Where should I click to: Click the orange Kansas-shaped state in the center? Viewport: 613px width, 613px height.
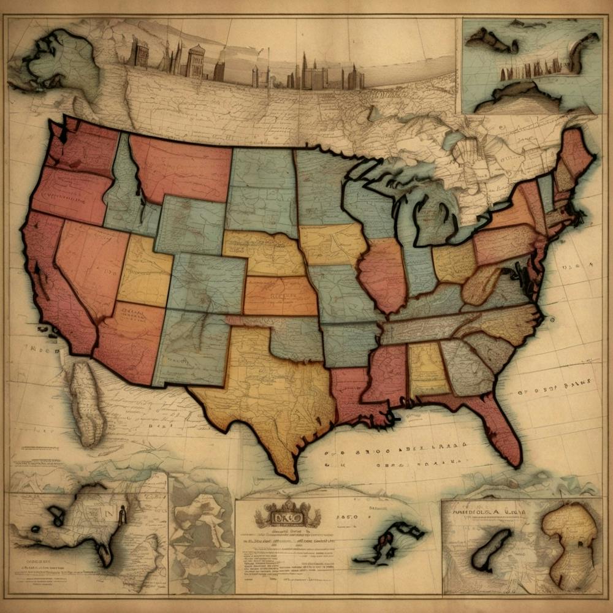coord(279,295)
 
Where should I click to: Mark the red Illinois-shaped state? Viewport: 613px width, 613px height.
coord(383,273)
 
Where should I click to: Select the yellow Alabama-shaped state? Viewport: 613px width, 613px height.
coord(427,368)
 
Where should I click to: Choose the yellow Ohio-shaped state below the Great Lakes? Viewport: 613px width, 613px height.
coord(454,264)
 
